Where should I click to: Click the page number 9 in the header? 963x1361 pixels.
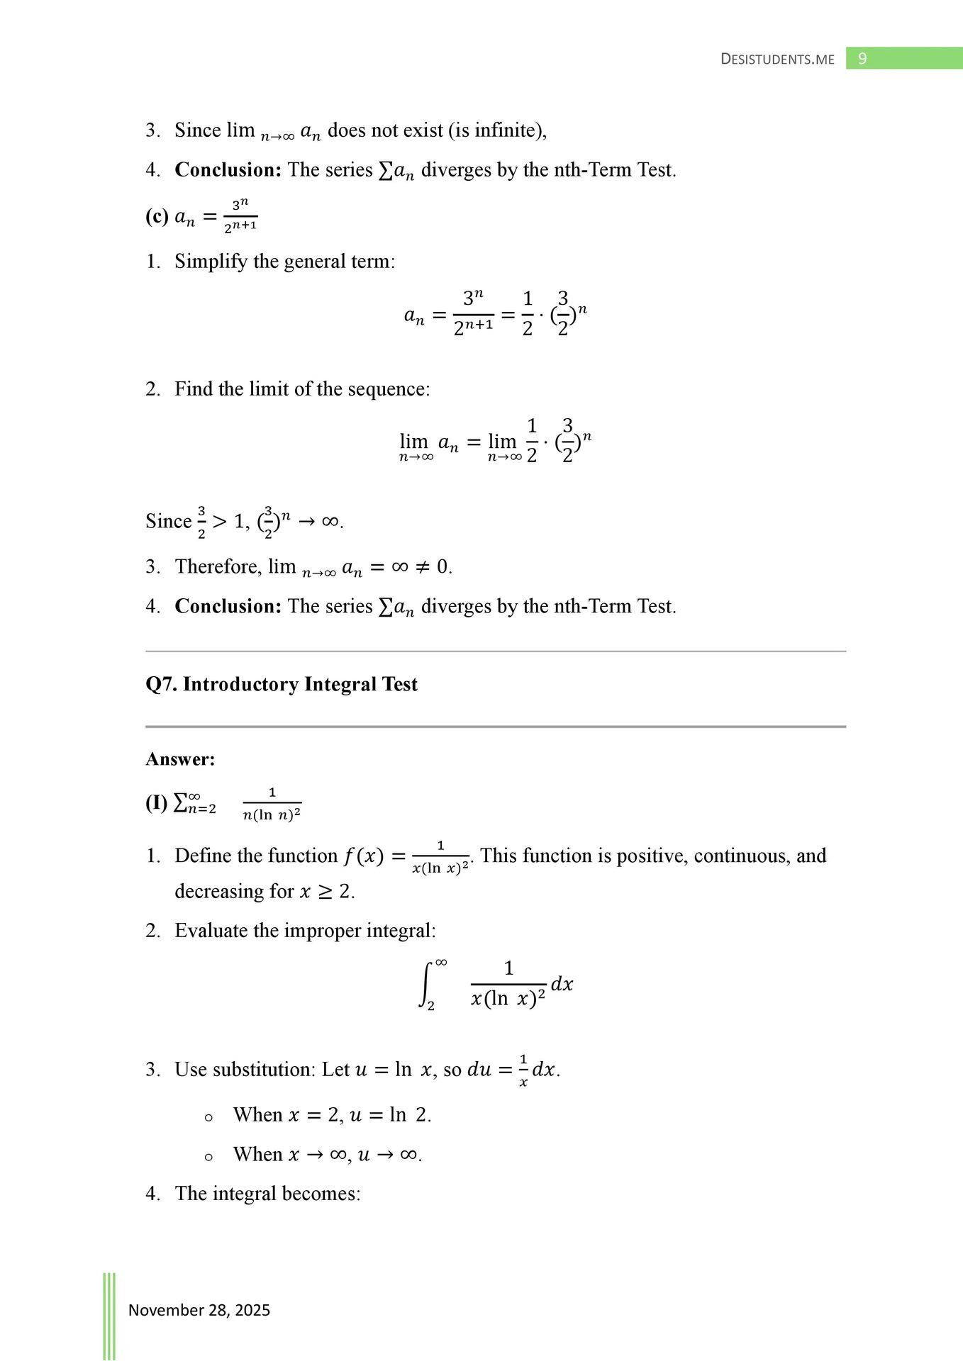click(862, 59)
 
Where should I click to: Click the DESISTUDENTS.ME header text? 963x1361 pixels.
click(777, 60)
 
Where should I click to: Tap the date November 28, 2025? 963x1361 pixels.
click(199, 1310)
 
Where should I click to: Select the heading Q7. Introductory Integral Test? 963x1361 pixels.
click(282, 684)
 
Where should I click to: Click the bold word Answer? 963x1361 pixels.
click(180, 759)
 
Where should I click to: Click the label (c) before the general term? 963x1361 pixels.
click(157, 216)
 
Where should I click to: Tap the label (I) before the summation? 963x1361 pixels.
click(156, 802)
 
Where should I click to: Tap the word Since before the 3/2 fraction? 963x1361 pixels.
click(169, 522)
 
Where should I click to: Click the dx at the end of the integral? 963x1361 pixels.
click(562, 985)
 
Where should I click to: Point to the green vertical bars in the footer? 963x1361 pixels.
click(109, 1316)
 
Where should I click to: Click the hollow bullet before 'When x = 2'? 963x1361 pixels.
click(208, 1118)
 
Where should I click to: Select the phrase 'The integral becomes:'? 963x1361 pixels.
click(268, 1194)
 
